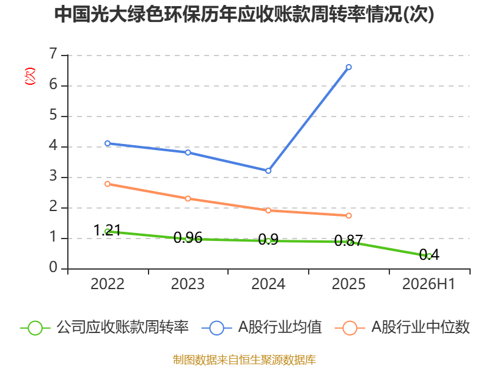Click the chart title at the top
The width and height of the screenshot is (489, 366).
click(x=244, y=14)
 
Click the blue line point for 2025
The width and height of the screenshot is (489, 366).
click(x=348, y=67)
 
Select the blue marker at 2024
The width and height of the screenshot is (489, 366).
click(x=268, y=171)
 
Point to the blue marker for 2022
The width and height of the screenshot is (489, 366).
click(x=108, y=143)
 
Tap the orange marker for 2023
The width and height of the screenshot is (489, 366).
click(x=188, y=199)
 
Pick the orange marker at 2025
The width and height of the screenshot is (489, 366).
click(x=348, y=216)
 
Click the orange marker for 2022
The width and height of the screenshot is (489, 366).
click(x=108, y=184)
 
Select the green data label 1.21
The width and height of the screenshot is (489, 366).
click(x=107, y=231)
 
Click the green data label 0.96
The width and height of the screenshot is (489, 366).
click(x=188, y=238)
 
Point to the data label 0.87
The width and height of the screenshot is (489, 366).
click(x=348, y=240)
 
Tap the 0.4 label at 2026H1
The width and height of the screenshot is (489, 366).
click(x=429, y=254)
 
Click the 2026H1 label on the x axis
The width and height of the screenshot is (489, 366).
click(x=429, y=284)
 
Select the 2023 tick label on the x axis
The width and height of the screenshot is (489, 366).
click(x=188, y=284)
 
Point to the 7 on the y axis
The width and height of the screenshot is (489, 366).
click(x=53, y=54)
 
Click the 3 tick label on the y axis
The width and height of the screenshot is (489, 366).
click(x=53, y=176)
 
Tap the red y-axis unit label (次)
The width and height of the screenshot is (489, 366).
click(x=30, y=76)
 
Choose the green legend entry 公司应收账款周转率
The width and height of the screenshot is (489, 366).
click(x=105, y=328)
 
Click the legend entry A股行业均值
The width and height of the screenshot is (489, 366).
click(x=262, y=328)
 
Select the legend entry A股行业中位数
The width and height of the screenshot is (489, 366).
click(x=402, y=328)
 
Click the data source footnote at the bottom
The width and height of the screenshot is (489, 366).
click(x=244, y=360)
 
